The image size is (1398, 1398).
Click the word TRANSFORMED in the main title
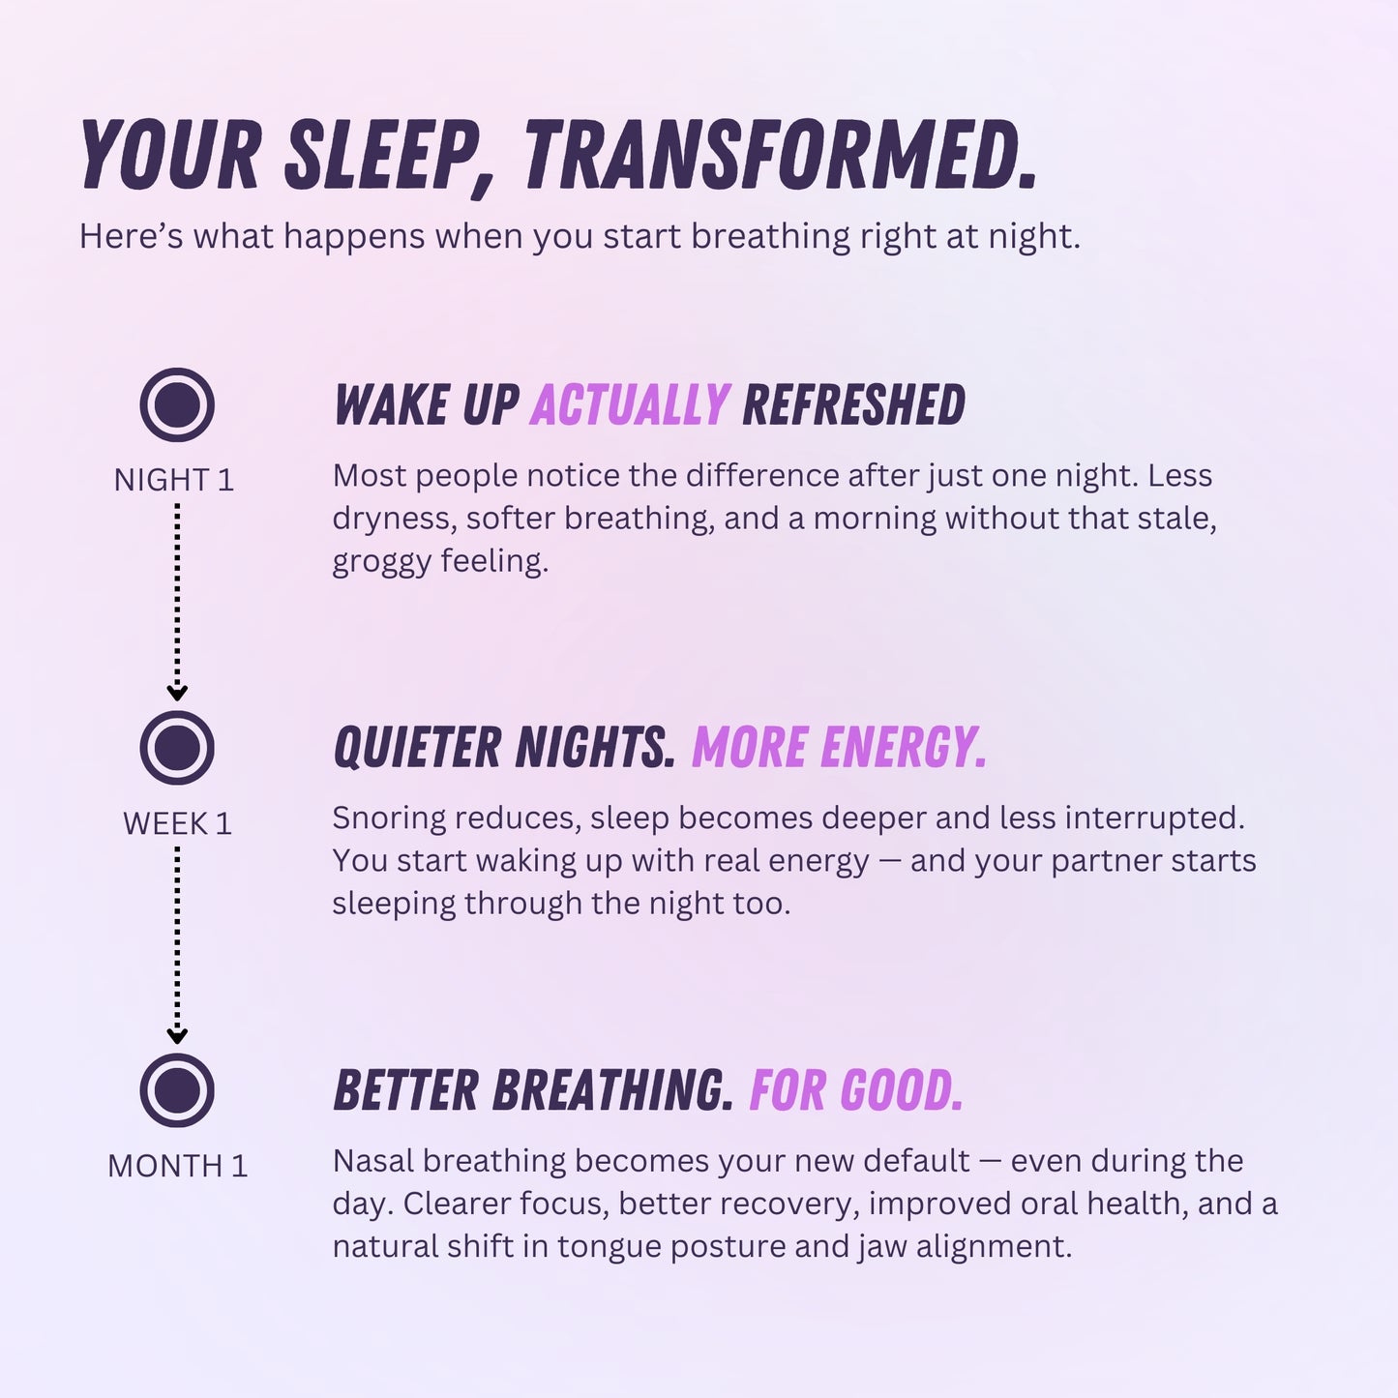[x=780, y=155]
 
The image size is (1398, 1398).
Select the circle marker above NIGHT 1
[x=177, y=404]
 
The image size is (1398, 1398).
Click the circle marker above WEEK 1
[x=177, y=748]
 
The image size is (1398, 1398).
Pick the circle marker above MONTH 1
[x=177, y=1090]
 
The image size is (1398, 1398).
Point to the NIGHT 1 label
[x=174, y=480]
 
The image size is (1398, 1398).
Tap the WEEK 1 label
[x=177, y=823]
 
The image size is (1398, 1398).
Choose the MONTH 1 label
[x=177, y=1166]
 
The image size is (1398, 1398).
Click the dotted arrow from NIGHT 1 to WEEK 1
[x=177, y=600]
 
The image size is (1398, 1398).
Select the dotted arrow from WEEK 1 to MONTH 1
[x=177, y=944]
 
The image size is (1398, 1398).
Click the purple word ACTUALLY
[x=630, y=404]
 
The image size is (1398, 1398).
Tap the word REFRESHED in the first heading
[x=853, y=404]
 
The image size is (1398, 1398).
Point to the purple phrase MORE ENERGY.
[x=839, y=748]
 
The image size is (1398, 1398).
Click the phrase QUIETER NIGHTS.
[x=504, y=748]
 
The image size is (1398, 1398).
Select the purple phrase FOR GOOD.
[x=856, y=1090]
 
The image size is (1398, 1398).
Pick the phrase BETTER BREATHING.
[x=533, y=1090]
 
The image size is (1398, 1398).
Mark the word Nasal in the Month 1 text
[x=372, y=1161]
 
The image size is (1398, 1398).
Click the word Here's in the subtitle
[x=131, y=236]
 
